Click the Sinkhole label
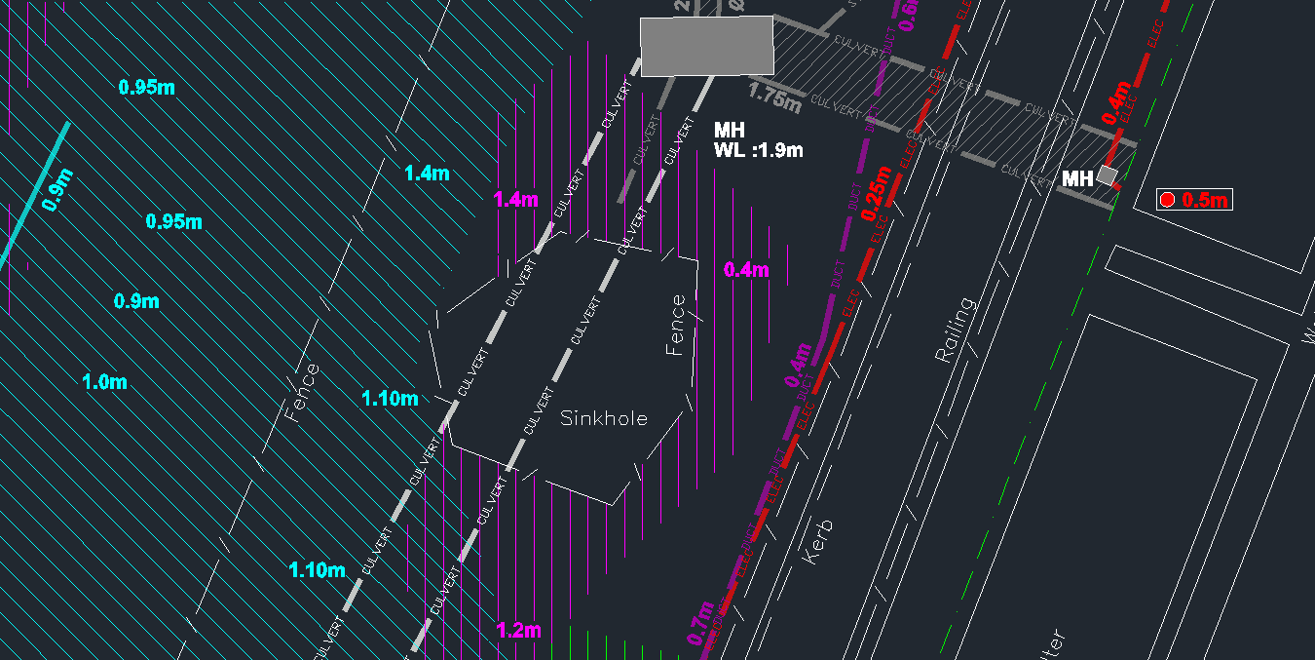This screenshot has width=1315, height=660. coord(604,418)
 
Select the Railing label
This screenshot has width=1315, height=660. coord(955,330)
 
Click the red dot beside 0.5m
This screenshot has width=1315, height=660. coord(1167,200)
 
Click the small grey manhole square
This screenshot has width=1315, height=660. coord(1107,175)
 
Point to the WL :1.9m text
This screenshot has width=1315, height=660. coord(759,150)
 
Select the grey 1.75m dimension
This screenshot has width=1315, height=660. coord(774,97)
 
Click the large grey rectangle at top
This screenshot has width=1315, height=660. coord(706,45)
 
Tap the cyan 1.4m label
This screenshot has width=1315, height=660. coord(427,174)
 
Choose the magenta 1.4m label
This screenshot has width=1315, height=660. coord(516,200)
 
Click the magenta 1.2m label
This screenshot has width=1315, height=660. coord(518,630)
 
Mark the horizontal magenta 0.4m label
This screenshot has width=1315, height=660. coord(747,270)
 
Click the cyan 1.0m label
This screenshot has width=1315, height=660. coord(104,381)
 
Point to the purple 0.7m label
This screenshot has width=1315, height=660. coord(700,624)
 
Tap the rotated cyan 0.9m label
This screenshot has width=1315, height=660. coord(57,190)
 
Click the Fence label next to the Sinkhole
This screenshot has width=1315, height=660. coord(676,325)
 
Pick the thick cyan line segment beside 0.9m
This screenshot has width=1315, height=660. coord(34,194)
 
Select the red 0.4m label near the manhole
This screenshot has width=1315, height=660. coord(1117,101)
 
